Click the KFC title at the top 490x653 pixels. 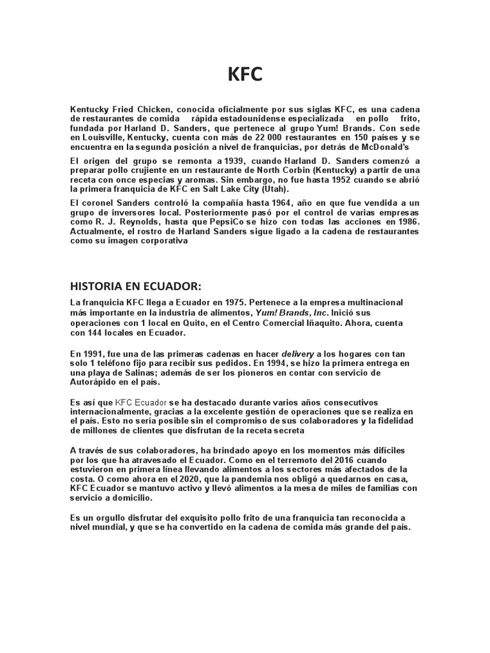click(245, 75)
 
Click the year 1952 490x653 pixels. click(326, 180)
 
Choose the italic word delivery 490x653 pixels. click(303, 354)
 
